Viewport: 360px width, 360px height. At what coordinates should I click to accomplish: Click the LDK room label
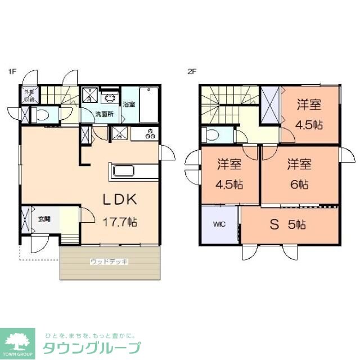click(120, 200)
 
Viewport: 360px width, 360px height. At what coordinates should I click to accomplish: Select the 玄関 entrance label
click(44, 218)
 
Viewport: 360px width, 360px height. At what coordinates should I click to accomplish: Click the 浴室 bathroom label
click(129, 103)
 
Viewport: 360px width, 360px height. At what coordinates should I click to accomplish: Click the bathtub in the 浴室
click(148, 104)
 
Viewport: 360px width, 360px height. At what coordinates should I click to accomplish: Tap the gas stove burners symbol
click(150, 134)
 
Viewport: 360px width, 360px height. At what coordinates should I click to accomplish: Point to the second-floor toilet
click(213, 135)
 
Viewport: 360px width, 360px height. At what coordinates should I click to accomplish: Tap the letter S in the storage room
click(274, 224)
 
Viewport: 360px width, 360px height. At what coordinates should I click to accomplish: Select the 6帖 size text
click(299, 184)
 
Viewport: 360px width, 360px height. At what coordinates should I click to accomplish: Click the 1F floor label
click(11, 71)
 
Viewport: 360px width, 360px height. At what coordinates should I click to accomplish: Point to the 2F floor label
click(192, 71)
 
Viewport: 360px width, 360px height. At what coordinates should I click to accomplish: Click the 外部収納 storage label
click(28, 96)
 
